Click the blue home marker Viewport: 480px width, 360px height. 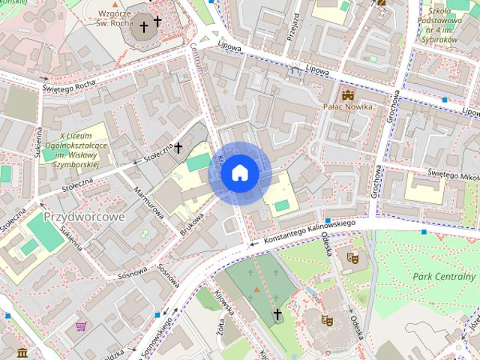[239, 173]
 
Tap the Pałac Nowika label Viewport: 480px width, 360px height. [347, 107]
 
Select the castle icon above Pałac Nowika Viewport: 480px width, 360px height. [347, 94]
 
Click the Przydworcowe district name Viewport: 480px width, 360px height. [84, 216]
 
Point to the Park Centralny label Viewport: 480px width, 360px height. [444, 276]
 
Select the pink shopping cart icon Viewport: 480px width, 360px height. [80, 326]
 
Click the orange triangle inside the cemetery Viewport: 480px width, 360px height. [256, 288]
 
